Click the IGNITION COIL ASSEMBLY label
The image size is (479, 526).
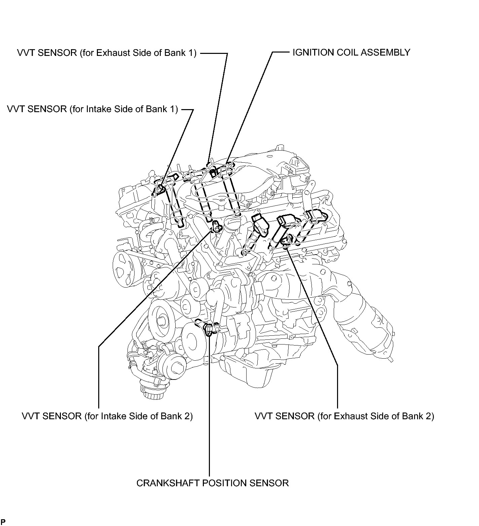click(x=351, y=53)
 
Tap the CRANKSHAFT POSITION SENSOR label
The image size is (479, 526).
click(x=213, y=483)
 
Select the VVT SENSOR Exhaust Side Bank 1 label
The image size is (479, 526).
click(x=107, y=53)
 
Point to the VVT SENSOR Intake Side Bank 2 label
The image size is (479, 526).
click(x=107, y=416)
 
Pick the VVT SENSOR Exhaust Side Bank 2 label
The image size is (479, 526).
click(x=344, y=416)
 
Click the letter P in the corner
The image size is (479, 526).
click(x=3, y=522)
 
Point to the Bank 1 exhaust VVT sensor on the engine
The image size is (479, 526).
click(x=213, y=173)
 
